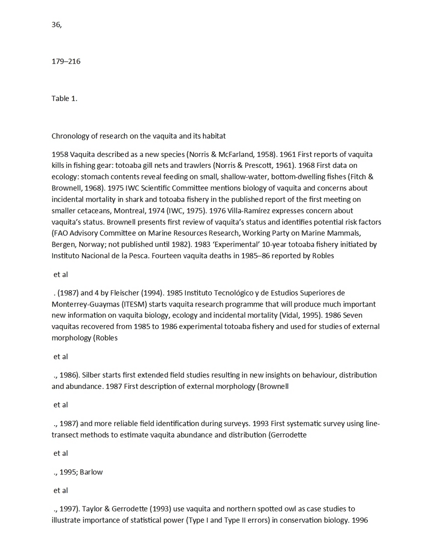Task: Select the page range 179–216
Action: click(66, 61)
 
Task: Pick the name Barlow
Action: click(91, 472)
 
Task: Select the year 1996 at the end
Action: click(359, 520)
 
